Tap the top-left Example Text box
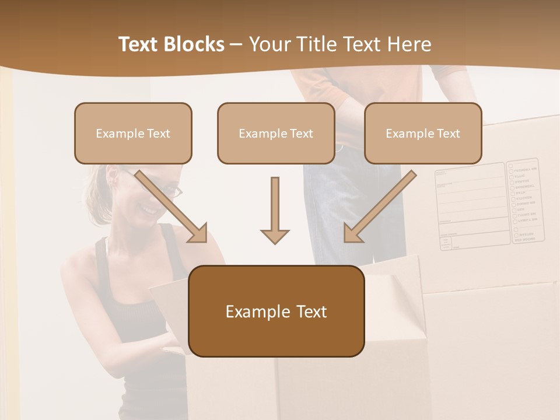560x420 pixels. (133, 133)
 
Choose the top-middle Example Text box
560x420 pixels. (276, 133)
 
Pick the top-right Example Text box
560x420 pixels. (423, 133)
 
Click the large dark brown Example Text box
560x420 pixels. (276, 311)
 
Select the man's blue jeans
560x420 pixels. (350, 216)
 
